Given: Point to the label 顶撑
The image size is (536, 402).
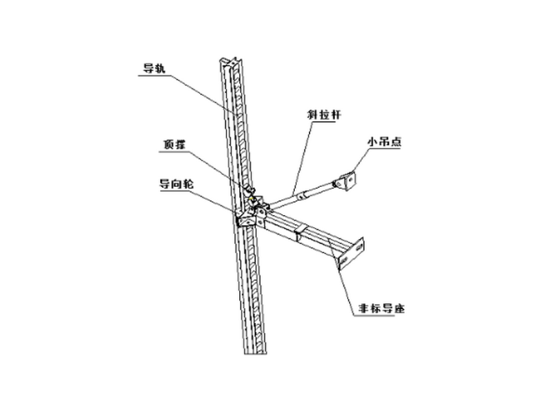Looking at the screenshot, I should [175, 144].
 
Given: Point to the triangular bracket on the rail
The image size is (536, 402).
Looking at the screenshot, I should [244, 219].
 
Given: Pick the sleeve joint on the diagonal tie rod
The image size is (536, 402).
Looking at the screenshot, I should [303, 195].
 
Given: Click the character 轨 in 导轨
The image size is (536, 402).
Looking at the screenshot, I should [162, 68].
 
